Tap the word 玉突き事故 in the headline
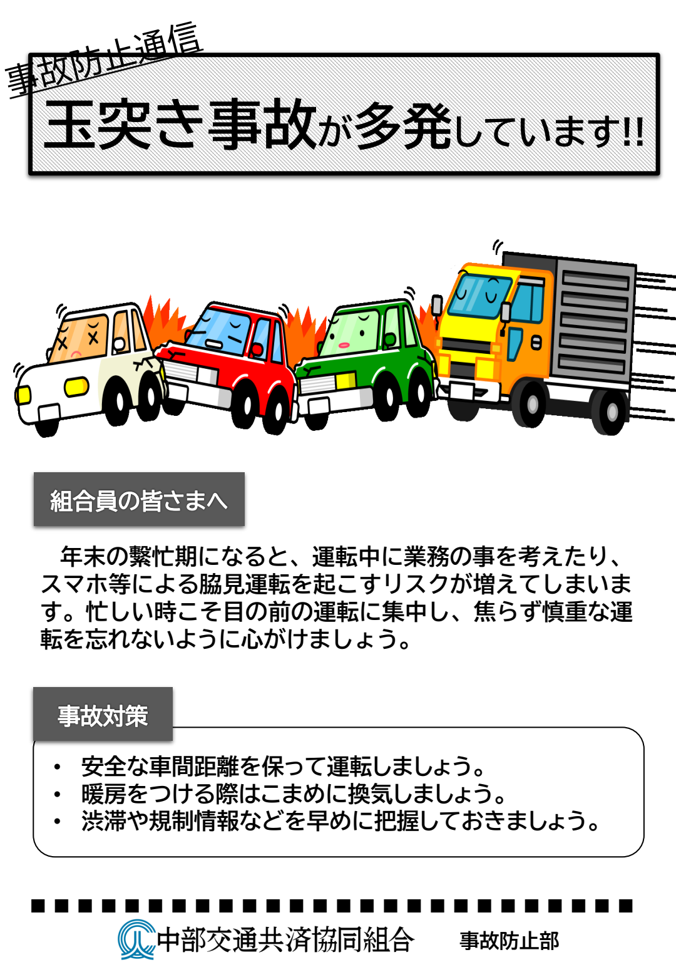point(180,125)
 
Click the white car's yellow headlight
point(76,387)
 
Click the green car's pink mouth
point(344,345)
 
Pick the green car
point(366,362)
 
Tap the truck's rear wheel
point(611,411)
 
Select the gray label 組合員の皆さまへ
point(139,499)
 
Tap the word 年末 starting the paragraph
point(83,557)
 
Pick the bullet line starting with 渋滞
point(340,821)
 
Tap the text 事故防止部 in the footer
point(509,941)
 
